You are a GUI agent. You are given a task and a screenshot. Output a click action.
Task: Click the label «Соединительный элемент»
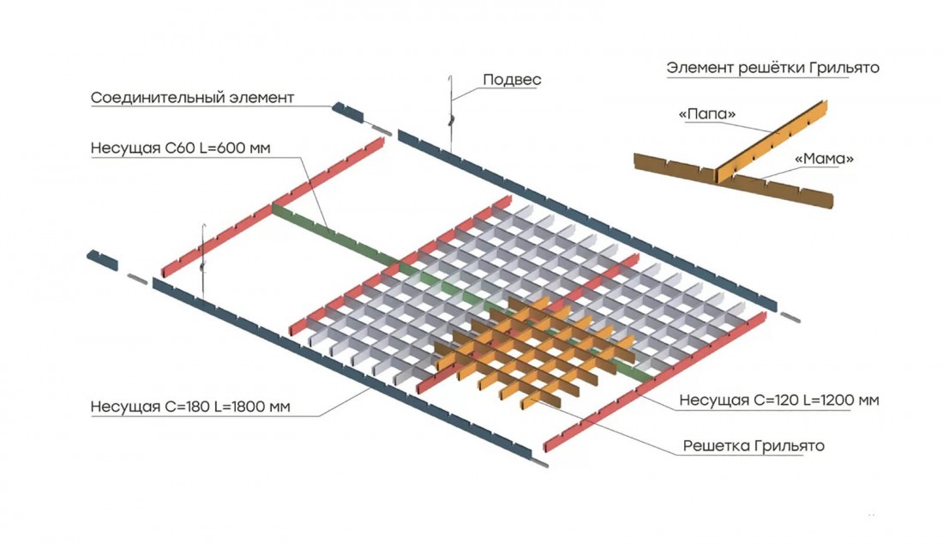[x=192, y=98]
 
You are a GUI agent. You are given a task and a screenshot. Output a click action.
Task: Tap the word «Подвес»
[x=512, y=80]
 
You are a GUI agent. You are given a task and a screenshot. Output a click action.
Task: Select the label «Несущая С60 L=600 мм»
[x=180, y=148]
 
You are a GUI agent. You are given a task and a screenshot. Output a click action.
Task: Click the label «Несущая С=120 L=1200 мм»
[x=779, y=400]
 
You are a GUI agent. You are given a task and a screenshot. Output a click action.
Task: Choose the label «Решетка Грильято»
[x=754, y=446]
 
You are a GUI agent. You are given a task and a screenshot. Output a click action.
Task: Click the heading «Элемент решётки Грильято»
[x=772, y=68]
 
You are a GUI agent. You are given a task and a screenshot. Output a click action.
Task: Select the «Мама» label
[x=825, y=159]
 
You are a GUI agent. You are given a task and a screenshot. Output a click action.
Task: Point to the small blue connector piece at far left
[x=102, y=260]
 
